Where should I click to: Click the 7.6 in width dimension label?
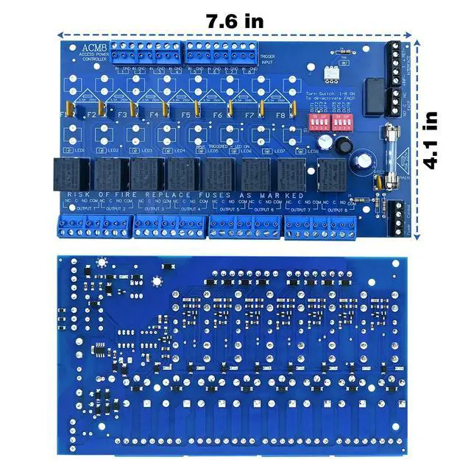tap(234, 21)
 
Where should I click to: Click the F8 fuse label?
tap(280, 116)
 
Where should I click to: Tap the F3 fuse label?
tap(123, 116)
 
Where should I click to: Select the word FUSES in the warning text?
tap(222, 195)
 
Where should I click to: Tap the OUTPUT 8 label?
tap(336, 209)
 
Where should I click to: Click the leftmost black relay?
tap(70, 175)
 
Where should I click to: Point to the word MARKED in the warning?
tap(284, 195)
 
